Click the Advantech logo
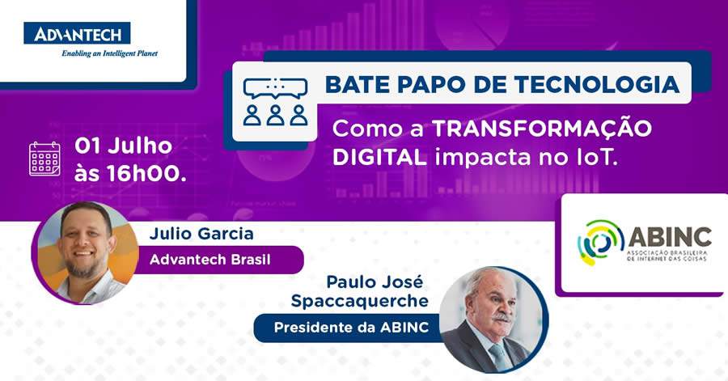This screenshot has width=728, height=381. click(77, 33)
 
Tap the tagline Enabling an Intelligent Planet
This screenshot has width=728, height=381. click(109, 53)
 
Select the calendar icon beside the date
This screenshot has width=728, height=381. click(44, 158)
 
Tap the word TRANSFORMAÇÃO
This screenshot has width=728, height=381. click(542, 129)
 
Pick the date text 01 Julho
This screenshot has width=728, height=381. click(123, 146)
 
